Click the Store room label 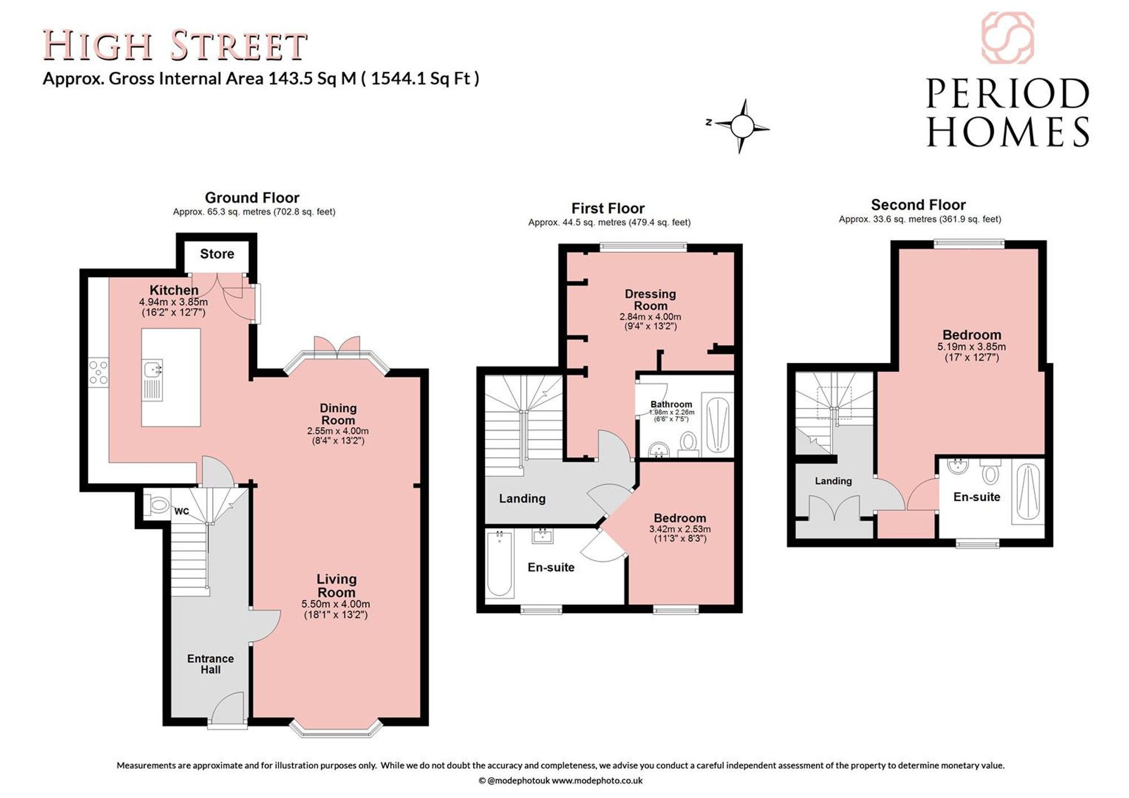click(217, 254)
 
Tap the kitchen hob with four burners click(98, 372)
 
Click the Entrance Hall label click(211, 664)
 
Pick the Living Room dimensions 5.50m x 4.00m click(336, 604)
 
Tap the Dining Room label click(338, 414)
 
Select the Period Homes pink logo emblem click(1008, 38)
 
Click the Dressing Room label click(650, 300)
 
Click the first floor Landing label click(522, 498)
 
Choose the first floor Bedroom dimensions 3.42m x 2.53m click(680, 529)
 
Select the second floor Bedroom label click(972, 335)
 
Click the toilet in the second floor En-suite click(990, 471)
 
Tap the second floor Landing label click(833, 481)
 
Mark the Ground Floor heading click(252, 198)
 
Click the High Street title click(175, 46)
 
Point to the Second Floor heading click(918, 205)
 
